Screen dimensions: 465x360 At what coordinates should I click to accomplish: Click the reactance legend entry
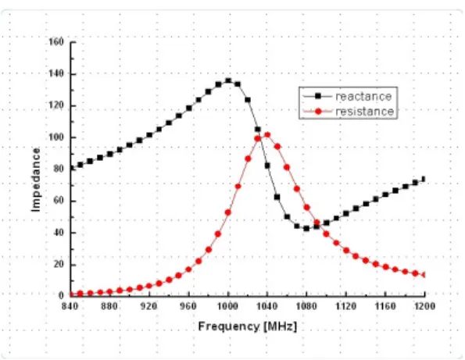(347, 96)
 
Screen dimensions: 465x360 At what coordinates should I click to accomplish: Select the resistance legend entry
(348, 112)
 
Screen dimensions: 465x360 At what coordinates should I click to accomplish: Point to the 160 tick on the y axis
(55, 41)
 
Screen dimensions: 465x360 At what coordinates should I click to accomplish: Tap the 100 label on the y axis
(55, 137)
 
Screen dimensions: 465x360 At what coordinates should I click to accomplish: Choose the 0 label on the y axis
(61, 295)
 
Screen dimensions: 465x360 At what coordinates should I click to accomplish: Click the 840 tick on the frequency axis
(70, 306)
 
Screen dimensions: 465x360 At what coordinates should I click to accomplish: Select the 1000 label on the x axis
(228, 306)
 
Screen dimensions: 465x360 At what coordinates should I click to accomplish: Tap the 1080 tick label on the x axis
(306, 306)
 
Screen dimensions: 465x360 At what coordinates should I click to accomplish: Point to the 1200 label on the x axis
(424, 306)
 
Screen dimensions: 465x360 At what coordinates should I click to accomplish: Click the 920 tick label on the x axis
(148, 306)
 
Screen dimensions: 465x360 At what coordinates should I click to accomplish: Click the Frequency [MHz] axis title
(247, 326)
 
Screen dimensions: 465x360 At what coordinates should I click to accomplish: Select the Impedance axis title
(36, 180)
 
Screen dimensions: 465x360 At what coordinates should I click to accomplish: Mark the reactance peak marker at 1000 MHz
(228, 80)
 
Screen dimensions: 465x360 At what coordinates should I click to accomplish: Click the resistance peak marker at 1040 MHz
(267, 135)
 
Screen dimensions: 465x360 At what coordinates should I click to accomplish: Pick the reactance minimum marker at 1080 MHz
(306, 229)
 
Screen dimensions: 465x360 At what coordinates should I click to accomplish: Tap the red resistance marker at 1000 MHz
(228, 212)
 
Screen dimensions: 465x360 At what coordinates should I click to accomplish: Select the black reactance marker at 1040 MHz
(267, 166)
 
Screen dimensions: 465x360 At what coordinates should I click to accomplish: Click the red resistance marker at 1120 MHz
(345, 251)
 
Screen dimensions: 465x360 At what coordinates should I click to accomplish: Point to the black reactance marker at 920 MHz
(149, 135)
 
